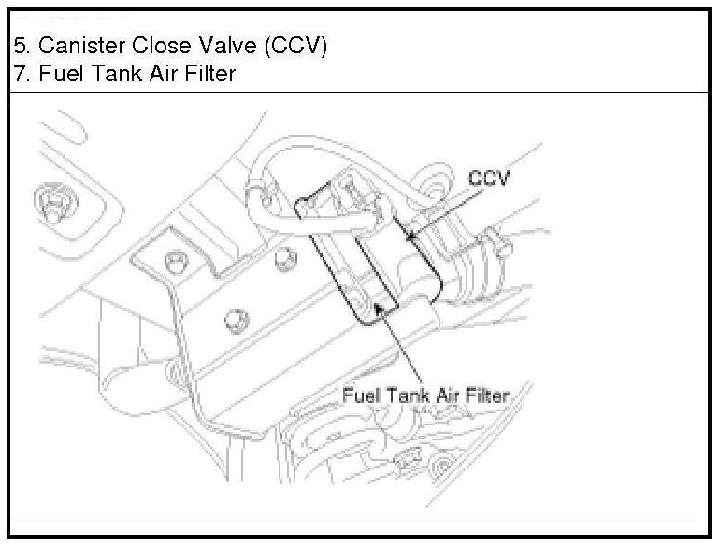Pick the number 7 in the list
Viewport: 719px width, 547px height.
20,74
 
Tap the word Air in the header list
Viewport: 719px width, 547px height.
152,74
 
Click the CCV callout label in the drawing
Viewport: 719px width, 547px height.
489,178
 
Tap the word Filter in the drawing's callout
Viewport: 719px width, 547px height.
485,396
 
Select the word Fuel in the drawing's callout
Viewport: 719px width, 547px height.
358,396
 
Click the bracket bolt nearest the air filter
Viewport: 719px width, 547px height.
278,265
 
